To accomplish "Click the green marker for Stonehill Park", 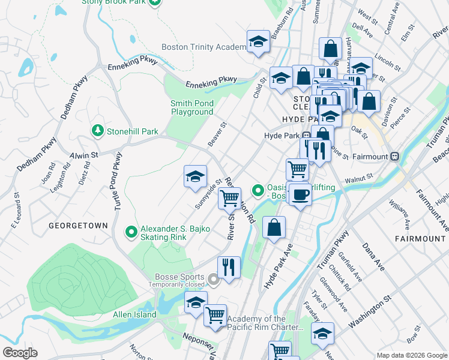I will (x=97, y=131).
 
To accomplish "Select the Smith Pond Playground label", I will (x=192, y=108).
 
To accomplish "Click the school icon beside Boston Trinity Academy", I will (x=258, y=42).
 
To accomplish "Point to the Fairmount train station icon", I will (x=395, y=156).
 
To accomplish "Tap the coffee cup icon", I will (x=300, y=194).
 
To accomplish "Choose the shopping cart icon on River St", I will (x=229, y=197).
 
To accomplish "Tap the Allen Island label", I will (x=134, y=314).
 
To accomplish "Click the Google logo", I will (x=20, y=353).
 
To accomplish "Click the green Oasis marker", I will (x=258, y=191).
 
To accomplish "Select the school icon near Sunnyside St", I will (x=195, y=176).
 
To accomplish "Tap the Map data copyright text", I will (x=411, y=355).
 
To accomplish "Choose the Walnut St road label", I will (x=358, y=178).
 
